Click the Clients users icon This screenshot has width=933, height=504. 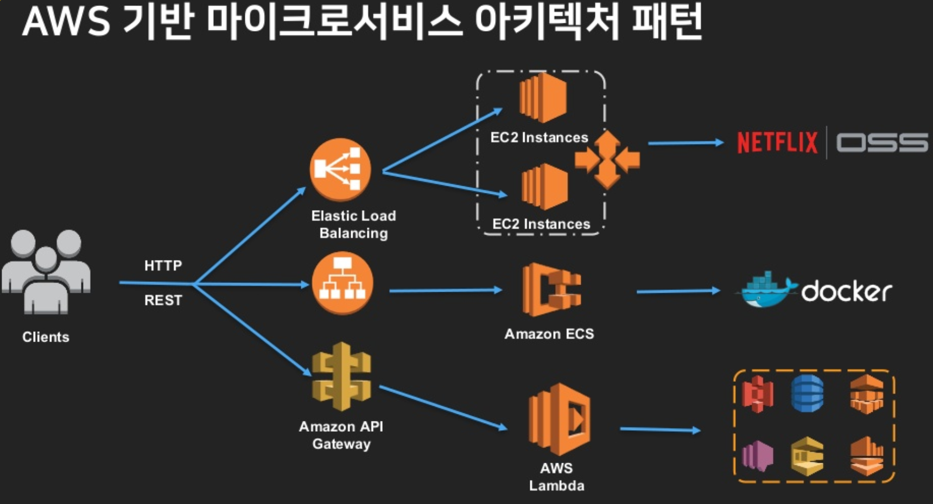coord(46,272)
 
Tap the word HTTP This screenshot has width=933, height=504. coord(163,266)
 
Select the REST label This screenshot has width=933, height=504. coord(163,300)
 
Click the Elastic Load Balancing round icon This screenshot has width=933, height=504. coord(340,169)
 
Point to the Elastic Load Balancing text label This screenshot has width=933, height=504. coord(353,224)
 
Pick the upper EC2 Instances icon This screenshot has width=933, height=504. coord(543,98)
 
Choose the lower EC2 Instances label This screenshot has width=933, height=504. coord(541,224)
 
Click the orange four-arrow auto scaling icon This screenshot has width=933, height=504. coord(607,160)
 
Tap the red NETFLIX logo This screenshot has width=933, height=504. coord(777,142)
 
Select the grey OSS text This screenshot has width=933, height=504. coord(882,143)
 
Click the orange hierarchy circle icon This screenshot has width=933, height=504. coord(342,283)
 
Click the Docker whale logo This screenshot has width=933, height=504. coord(766,289)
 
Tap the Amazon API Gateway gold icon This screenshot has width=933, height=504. coord(341,376)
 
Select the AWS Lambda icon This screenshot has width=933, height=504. coord(559,419)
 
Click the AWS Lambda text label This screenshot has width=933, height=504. coord(557,477)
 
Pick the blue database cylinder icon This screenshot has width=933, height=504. coord(808,393)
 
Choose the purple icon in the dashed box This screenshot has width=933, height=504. coord(757,455)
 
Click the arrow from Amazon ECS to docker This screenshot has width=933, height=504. coord(678,292)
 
